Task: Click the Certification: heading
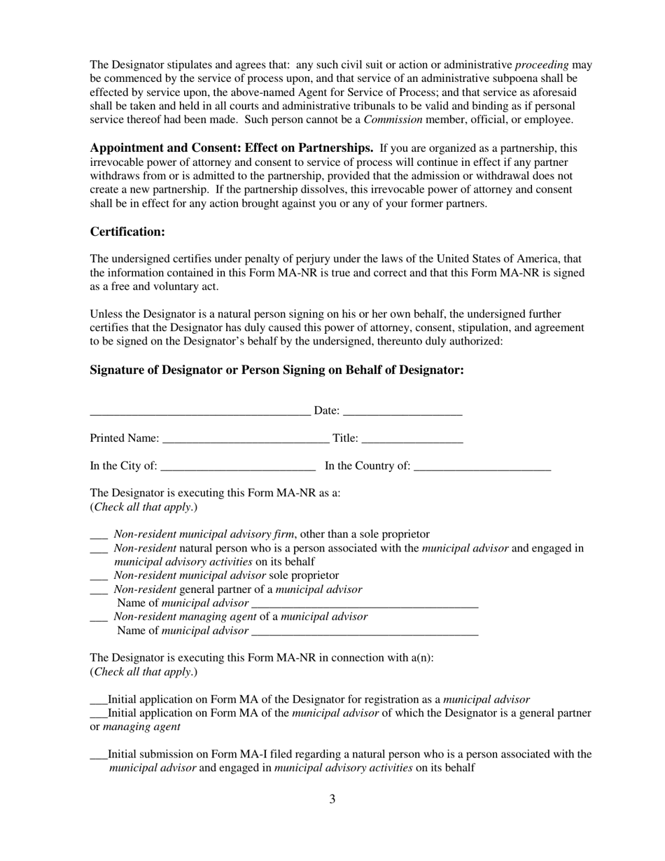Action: (127, 232)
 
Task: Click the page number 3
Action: (332, 799)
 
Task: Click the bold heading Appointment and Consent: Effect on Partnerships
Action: (232, 148)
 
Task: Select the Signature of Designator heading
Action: (276, 370)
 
